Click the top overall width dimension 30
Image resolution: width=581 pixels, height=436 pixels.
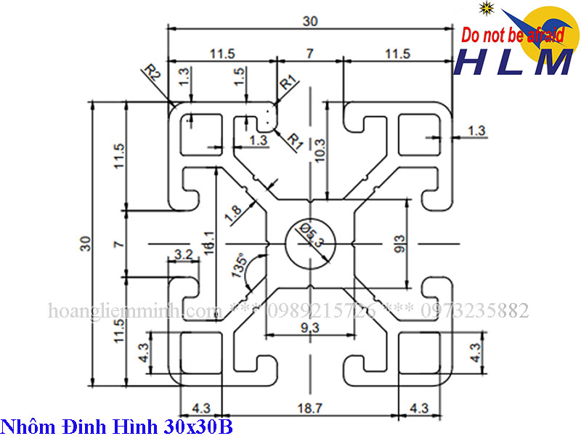311,21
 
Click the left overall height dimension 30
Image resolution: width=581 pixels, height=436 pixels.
85,243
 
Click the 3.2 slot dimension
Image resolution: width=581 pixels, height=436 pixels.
183,255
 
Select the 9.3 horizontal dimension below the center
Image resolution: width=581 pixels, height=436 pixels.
309,328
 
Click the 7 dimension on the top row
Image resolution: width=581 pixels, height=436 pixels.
309,53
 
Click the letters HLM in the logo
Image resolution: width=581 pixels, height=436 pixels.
513,62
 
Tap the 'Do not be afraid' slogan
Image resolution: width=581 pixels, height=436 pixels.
513,34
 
